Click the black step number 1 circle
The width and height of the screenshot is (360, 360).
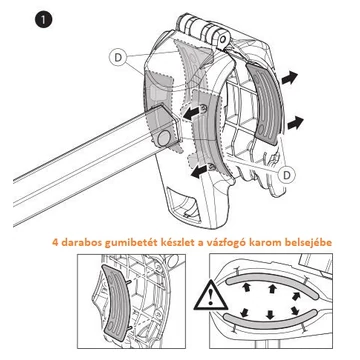click(43, 20)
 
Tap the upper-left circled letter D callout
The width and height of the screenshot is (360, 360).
click(118, 58)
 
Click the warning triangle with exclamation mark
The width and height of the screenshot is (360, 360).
click(211, 295)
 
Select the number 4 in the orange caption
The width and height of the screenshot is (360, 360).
click(55, 243)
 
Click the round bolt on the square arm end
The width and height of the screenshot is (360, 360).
click(163, 138)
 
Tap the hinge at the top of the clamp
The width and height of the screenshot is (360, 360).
click(207, 29)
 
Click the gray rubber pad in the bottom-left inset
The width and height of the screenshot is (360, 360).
click(116, 302)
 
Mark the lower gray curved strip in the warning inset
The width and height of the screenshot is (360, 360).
click(270, 321)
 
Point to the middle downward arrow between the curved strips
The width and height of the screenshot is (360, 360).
click(269, 315)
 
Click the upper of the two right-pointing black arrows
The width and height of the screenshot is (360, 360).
click(289, 79)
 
